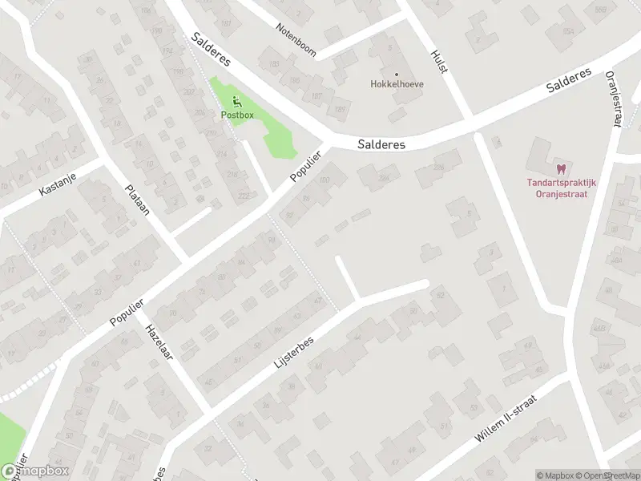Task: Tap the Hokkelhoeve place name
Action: point(397,83)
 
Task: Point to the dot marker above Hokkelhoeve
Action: point(397,74)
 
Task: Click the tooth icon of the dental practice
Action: point(561,168)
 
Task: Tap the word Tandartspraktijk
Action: point(562,181)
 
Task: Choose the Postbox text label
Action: point(237,115)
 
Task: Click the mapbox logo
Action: point(35,471)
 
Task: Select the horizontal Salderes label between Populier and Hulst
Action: point(381,144)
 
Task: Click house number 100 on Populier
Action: point(324,180)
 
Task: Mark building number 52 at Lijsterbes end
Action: point(440,296)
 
